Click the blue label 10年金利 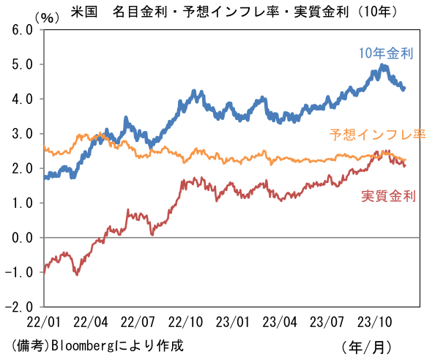coord(386,53)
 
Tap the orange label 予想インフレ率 coord(377,135)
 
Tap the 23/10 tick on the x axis coord(373,321)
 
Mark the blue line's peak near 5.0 coord(383,66)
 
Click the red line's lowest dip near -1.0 coord(76,274)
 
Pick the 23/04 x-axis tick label coord(280,321)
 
